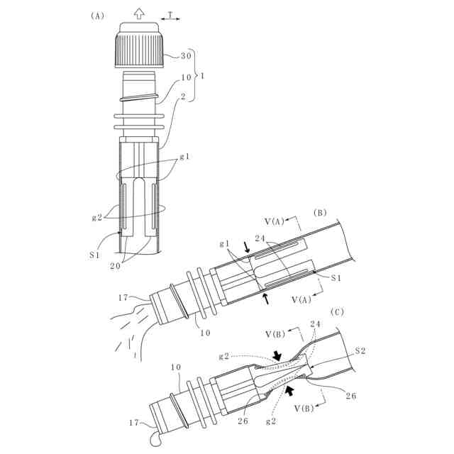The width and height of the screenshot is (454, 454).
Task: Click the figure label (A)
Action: coord(98,16)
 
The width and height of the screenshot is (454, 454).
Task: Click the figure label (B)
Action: coord(320,211)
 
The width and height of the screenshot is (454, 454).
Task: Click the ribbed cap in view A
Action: coord(140,47)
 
